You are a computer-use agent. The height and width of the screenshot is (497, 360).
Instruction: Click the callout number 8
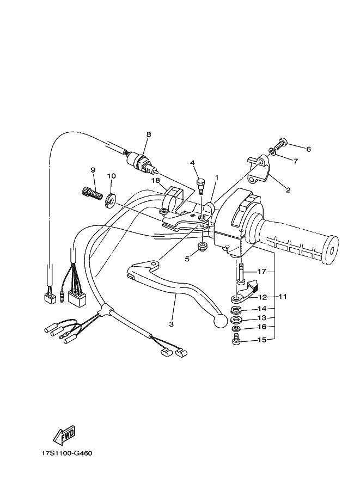(x=148, y=134)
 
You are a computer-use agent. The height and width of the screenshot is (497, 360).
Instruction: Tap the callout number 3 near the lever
(x=171, y=324)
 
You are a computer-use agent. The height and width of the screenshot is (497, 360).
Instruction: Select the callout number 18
(x=155, y=180)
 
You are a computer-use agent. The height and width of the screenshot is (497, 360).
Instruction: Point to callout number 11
(x=283, y=297)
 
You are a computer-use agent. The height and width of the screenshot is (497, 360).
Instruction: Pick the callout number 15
(x=262, y=340)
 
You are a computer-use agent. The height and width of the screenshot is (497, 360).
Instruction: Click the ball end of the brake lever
(x=219, y=321)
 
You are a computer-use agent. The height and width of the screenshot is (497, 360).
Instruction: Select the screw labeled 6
(x=282, y=144)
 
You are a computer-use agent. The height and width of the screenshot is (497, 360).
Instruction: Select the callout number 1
(x=216, y=177)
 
